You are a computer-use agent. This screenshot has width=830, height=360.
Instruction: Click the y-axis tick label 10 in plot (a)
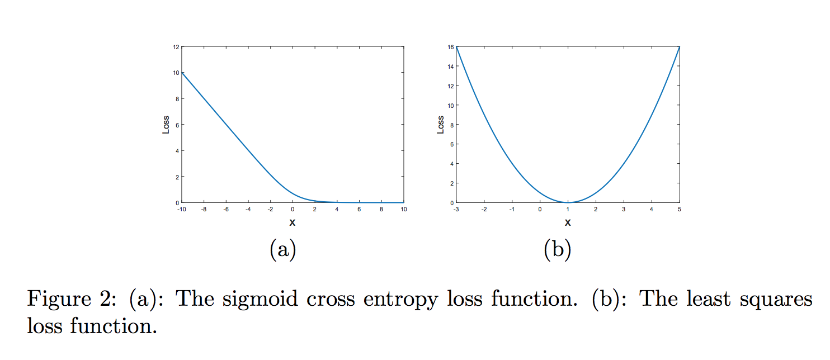point(176,73)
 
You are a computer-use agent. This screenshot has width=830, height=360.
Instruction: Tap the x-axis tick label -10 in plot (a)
point(181,209)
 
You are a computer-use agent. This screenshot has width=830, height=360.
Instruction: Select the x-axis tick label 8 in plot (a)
point(381,209)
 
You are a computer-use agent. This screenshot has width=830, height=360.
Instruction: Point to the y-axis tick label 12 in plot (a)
point(176,47)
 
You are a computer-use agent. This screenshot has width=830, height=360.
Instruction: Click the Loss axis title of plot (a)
point(166,125)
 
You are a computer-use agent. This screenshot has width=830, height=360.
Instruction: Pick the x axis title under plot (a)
point(292,222)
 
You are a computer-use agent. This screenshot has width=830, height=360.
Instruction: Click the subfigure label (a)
point(282,250)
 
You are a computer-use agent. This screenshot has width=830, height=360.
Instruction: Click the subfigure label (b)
point(557,250)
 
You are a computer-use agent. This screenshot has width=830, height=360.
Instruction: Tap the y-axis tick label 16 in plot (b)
point(451,47)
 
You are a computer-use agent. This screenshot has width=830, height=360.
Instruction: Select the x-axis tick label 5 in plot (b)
point(680,209)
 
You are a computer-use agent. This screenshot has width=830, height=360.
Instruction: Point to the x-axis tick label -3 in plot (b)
point(456,209)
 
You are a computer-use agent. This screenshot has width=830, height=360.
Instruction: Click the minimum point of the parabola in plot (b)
point(568,202)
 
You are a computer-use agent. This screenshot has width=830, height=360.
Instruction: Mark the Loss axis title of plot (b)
point(441,125)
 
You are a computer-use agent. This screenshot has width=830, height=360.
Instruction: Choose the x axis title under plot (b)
point(568,222)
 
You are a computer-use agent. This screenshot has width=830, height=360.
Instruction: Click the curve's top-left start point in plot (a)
point(182,73)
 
